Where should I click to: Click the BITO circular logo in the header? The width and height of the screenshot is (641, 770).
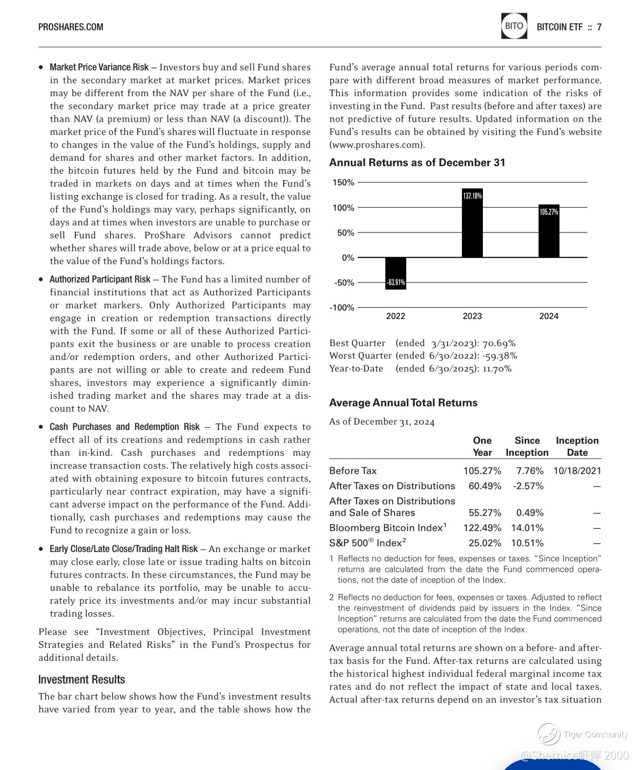(514, 26)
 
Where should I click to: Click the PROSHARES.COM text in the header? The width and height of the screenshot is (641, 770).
(71, 27)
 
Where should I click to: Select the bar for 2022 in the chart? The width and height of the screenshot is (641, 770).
(396, 273)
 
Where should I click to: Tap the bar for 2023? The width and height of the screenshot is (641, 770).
(472, 223)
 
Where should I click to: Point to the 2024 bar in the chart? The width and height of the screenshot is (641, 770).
(549, 231)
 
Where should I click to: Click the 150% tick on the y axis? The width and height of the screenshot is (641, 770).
(343, 183)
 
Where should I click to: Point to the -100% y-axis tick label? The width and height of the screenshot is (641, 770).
(342, 308)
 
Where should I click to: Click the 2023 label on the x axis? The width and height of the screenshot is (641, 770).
(472, 316)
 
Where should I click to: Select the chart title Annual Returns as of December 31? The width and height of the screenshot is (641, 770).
(417, 163)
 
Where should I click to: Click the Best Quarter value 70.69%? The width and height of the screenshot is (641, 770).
(499, 344)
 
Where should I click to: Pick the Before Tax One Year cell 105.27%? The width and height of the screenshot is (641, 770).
(482, 471)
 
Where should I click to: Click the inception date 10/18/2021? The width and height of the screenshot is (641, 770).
(577, 471)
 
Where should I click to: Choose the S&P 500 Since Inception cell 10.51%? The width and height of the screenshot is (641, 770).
(527, 543)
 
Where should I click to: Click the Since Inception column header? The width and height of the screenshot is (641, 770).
(527, 446)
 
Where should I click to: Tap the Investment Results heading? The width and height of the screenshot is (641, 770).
(82, 680)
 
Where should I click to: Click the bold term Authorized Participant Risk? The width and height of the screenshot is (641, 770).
(100, 279)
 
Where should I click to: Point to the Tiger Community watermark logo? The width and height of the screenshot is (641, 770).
(549, 734)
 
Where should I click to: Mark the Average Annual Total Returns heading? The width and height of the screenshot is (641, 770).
(403, 403)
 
